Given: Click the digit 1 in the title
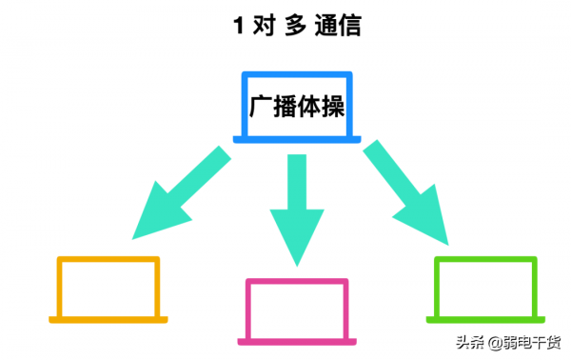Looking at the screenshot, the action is (239, 26).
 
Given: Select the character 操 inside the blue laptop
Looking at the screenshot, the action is (330, 107).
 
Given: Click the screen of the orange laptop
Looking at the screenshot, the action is (108, 286).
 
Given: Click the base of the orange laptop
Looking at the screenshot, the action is (108, 318).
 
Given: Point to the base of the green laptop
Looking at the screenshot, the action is (485, 317).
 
